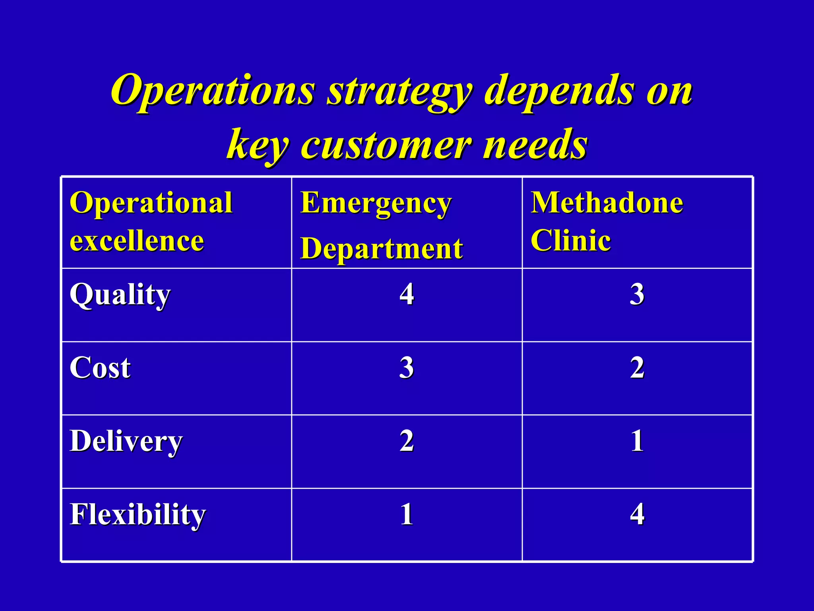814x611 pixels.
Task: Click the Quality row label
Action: click(x=120, y=296)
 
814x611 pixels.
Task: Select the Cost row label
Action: click(x=100, y=368)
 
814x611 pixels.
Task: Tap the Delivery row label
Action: click(x=126, y=442)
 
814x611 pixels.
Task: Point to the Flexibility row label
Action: click(x=138, y=515)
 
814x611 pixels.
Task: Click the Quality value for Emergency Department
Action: click(x=407, y=295)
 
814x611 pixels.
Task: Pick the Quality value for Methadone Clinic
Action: click(x=637, y=295)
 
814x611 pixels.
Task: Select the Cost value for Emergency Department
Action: click(x=407, y=368)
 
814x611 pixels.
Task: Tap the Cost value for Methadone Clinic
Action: click(x=637, y=368)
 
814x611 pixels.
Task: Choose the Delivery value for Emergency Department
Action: click(x=407, y=441)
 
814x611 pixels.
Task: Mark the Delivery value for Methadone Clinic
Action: click(x=637, y=441)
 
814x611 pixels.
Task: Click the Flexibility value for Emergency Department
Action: click(x=407, y=514)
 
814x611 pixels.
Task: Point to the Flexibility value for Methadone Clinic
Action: click(x=637, y=514)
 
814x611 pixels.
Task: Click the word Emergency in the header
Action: click(x=376, y=204)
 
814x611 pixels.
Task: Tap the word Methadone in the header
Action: click(x=607, y=203)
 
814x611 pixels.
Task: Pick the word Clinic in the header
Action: click(x=571, y=241)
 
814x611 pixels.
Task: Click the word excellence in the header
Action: click(x=137, y=241)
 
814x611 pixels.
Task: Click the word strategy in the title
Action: click(x=399, y=91)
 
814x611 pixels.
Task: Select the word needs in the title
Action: click(x=535, y=145)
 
